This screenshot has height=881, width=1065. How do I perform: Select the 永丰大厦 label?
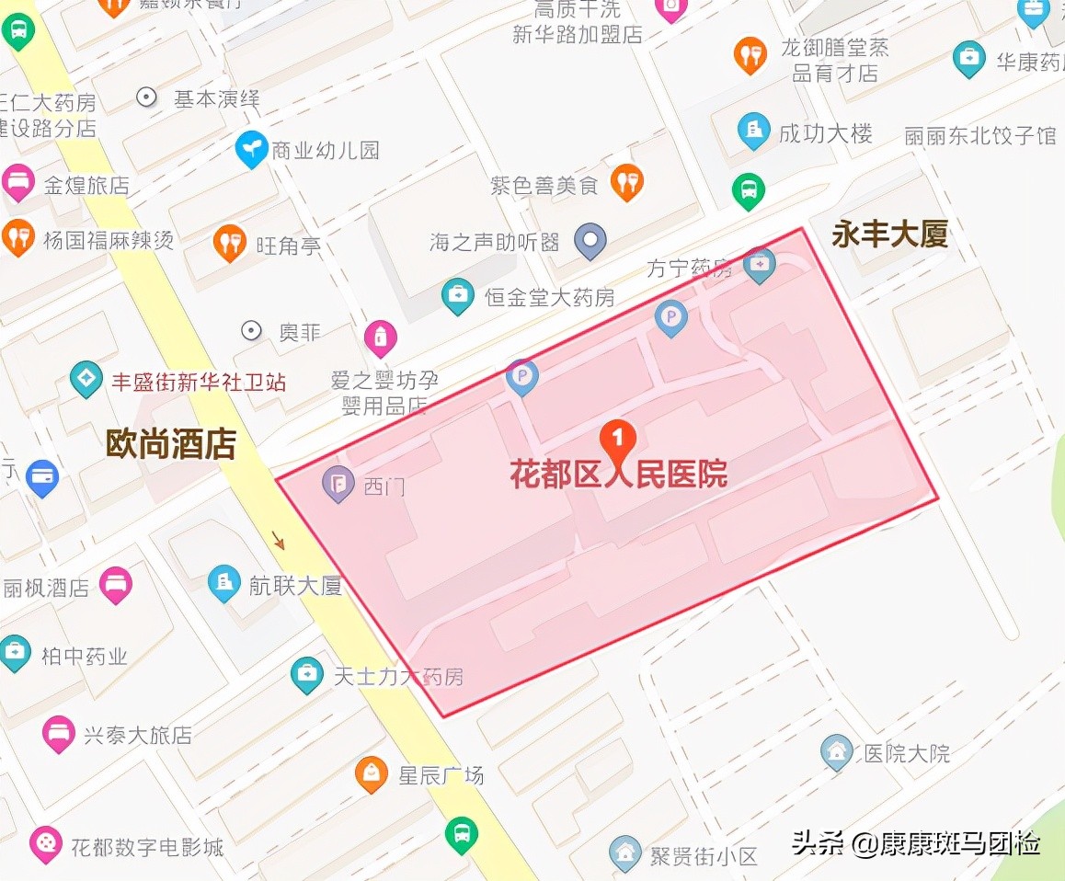tap(889, 235)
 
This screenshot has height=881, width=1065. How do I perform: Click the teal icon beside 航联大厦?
tap(223, 583)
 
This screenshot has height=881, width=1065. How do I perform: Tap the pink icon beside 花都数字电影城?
tap(45, 843)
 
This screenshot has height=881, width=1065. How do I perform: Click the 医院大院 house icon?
tap(837, 752)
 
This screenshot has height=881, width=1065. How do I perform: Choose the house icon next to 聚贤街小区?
tap(625, 853)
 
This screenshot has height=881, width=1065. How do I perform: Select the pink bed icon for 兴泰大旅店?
tap(59, 734)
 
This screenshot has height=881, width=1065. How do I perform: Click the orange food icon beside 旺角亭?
tap(229, 244)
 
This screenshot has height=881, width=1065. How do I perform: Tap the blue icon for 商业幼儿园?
tap(251, 149)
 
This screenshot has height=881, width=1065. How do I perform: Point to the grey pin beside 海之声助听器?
tap(590, 241)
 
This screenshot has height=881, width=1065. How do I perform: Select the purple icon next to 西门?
tap(338, 484)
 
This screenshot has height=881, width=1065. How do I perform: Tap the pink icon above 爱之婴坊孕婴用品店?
tap(380, 338)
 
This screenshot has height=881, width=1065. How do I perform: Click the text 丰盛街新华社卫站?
tap(199, 381)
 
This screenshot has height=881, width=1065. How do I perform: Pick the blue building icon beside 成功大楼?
tap(753, 132)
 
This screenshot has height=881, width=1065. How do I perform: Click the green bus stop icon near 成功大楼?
tap(749, 191)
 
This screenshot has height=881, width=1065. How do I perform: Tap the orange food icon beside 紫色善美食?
tap(627, 182)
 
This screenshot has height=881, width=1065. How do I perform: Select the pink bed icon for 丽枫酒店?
tap(116, 585)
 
